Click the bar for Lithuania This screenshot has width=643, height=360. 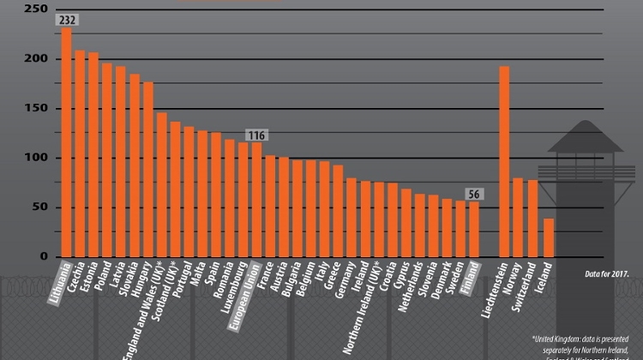[x=67, y=141]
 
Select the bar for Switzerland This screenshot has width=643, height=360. [x=533, y=218]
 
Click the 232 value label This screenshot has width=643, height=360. [x=66, y=20]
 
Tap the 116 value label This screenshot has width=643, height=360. [x=256, y=135]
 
